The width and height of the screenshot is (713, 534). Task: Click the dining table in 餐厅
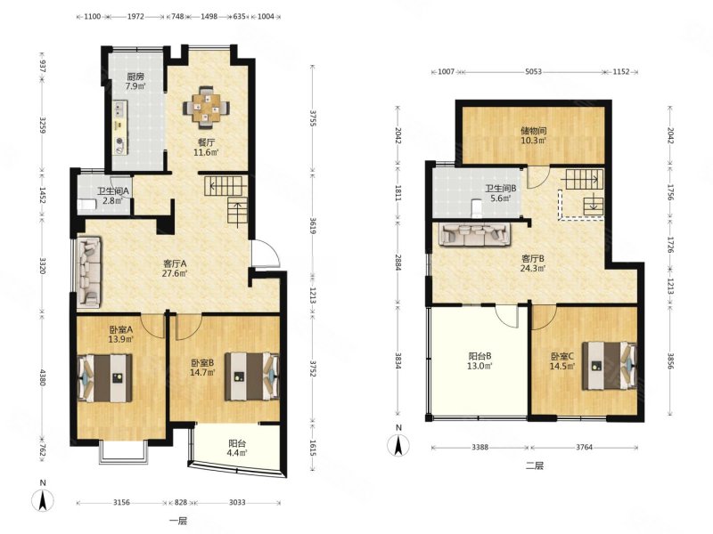tap(207, 107)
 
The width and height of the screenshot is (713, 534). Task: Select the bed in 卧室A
tap(105, 377)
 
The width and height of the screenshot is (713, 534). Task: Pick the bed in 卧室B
tap(252, 376)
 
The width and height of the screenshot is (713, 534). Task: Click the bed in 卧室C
tap(610, 366)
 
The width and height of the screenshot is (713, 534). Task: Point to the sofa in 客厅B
tap(475, 234)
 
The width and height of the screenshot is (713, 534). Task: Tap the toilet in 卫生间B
tap(477, 208)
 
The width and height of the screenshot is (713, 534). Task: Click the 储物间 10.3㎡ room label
tap(533, 136)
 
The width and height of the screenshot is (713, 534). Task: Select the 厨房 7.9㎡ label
tap(135, 81)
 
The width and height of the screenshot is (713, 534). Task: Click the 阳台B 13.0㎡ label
tap(479, 360)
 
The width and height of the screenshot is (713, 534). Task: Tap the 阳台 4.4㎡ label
tap(237, 448)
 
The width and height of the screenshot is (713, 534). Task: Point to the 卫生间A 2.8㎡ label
tap(113, 196)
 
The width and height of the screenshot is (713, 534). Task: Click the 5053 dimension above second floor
tap(533, 72)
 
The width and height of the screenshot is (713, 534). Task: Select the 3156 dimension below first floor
tap(121, 502)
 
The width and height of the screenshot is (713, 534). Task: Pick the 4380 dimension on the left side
tap(43, 376)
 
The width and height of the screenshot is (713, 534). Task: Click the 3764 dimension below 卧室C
tap(584, 448)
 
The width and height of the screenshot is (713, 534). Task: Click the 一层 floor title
tap(178, 522)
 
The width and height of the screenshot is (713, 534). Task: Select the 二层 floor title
tap(534, 465)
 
